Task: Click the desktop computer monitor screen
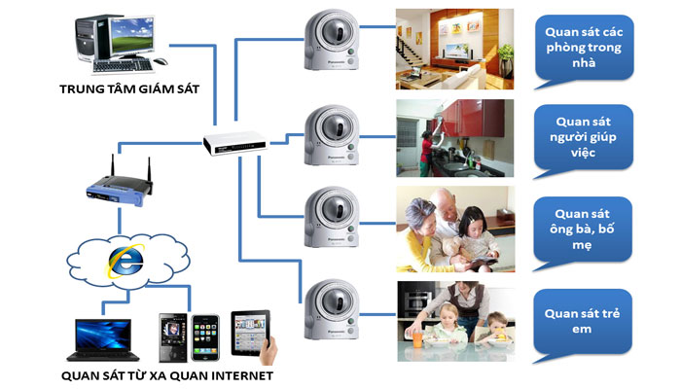pyautogui.click(x=132, y=37)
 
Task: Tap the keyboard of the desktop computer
pyautogui.click(x=123, y=65)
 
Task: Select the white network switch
pyautogui.click(x=234, y=142)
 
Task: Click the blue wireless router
pyautogui.click(x=120, y=188)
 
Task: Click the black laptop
pyautogui.click(x=103, y=339)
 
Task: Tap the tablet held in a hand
pyautogui.click(x=251, y=333)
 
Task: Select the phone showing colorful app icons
pyautogui.click(x=205, y=337)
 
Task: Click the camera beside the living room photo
pyautogui.click(x=332, y=40)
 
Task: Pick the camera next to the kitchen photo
pyautogui.click(x=332, y=135)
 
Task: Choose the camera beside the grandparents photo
pyautogui.click(x=332, y=217)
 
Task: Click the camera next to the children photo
pyautogui.click(x=332, y=309)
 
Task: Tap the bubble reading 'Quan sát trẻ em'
pyautogui.click(x=582, y=321)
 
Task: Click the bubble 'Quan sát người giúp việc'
pyautogui.click(x=583, y=137)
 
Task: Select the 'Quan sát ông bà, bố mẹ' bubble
pyautogui.click(x=582, y=230)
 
